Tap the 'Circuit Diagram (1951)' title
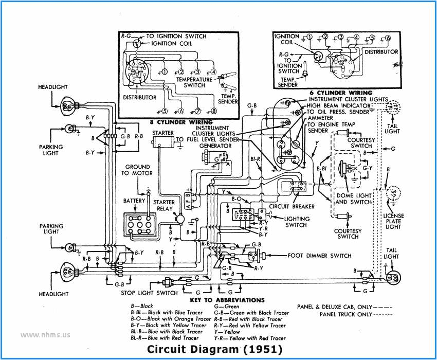(215, 349)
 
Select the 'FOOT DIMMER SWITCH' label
(319, 256)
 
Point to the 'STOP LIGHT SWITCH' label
(149, 293)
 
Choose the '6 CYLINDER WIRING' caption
(341, 93)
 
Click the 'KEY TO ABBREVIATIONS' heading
(227, 300)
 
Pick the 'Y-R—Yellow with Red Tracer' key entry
(249, 338)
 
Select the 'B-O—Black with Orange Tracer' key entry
(171, 319)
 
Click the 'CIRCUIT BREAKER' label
(292, 207)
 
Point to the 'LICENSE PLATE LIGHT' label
(393, 221)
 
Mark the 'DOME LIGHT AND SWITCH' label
(353, 199)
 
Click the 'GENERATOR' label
(215, 146)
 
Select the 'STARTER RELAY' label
(165, 205)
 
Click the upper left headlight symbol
(68, 106)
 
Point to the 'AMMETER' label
(320, 118)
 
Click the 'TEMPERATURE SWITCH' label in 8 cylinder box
(194, 82)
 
